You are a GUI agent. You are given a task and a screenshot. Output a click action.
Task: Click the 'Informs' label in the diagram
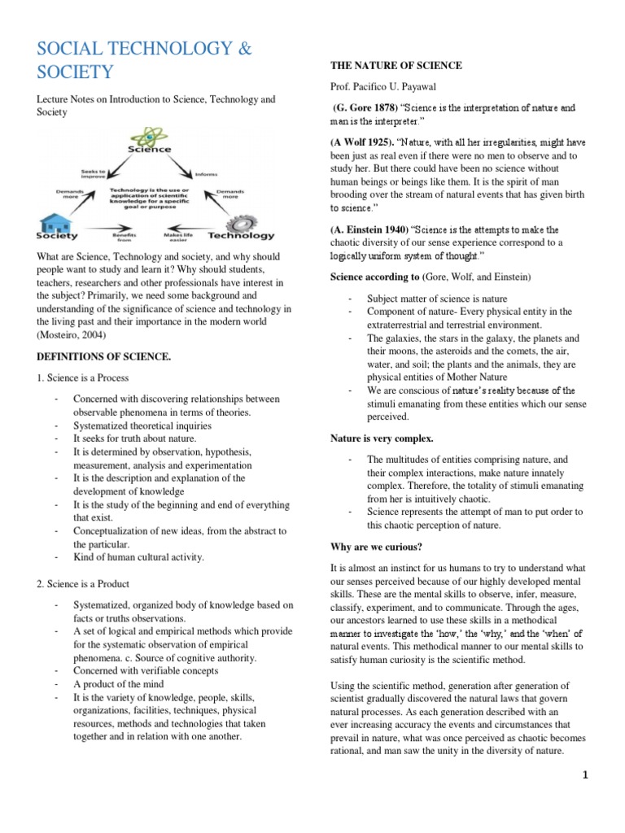pyautogui.click(x=204, y=172)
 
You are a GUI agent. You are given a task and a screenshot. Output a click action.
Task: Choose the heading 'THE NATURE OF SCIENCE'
pyautogui.click(x=395, y=65)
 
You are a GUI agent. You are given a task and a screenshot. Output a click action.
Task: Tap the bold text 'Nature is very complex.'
pyautogui.click(x=379, y=438)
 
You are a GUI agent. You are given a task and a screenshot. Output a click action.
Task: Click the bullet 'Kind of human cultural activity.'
pyautogui.click(x=138, y=557)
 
